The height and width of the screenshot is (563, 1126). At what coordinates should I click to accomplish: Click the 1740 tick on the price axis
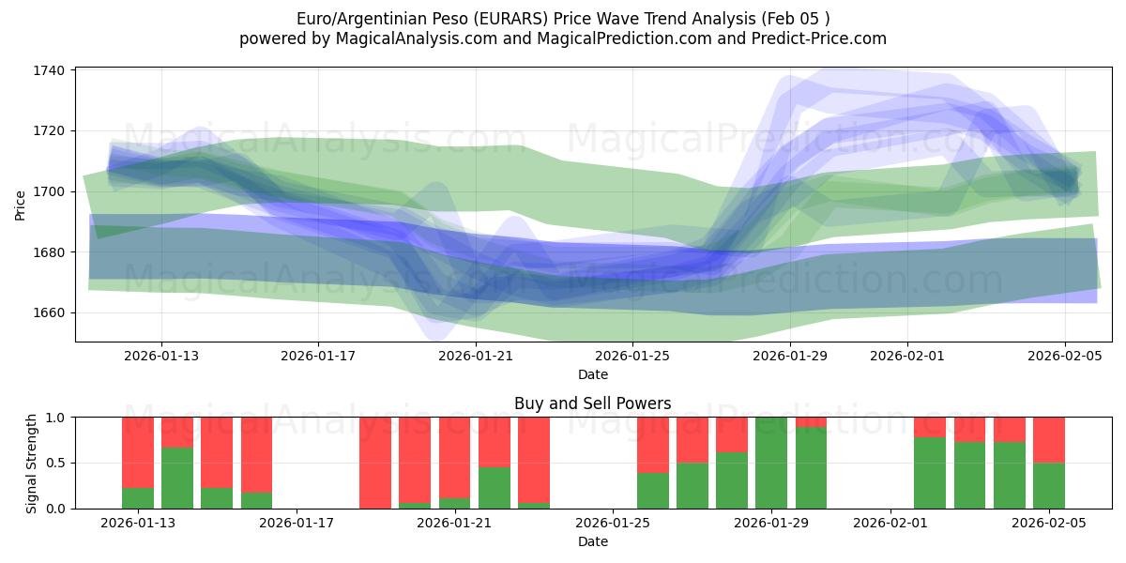pyautogui.click(x=48, y=70)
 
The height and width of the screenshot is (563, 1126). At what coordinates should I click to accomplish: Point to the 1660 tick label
pyautogui.click(x=48, y=312)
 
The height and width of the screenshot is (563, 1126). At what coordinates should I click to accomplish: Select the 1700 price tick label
pyautogui.click(x=48, y=191)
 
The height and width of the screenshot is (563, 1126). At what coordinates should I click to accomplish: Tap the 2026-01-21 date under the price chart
pyautogui.click(x=475, y=356)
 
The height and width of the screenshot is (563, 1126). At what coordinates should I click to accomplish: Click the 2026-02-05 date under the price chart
pyautogui.click(x=1064, y=356)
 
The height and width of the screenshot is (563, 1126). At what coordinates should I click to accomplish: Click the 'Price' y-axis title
pyautogui.click(x=21, y=205)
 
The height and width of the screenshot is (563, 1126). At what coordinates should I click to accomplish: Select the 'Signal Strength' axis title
pyautogui.click(x=31, y=463)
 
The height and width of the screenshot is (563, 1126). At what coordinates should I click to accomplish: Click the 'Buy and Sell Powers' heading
pyautogui.click(x=592, y=404)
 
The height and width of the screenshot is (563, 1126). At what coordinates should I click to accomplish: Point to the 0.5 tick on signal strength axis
pyautogui.click(x=55, y=464)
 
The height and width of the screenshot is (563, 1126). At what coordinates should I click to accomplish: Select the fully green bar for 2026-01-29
pyautogui.click(x=771, y=463)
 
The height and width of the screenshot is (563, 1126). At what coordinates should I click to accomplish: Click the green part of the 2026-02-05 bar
pyautogui.click(x=1049, y=486)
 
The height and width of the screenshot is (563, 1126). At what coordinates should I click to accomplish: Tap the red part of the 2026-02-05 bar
pyautogui.click(x=1049, y=440)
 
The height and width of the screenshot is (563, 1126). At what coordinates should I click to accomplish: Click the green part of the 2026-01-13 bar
pyautogui.click(x=138, y=498)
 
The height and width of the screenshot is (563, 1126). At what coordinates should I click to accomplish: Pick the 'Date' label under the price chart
pyautogui.click(x=592, y=374)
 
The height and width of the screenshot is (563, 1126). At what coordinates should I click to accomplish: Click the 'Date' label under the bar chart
pyautogui.click(x=592, y=541)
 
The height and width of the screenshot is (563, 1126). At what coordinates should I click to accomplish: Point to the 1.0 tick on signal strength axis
pyautogui.click(x=55, y=418)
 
